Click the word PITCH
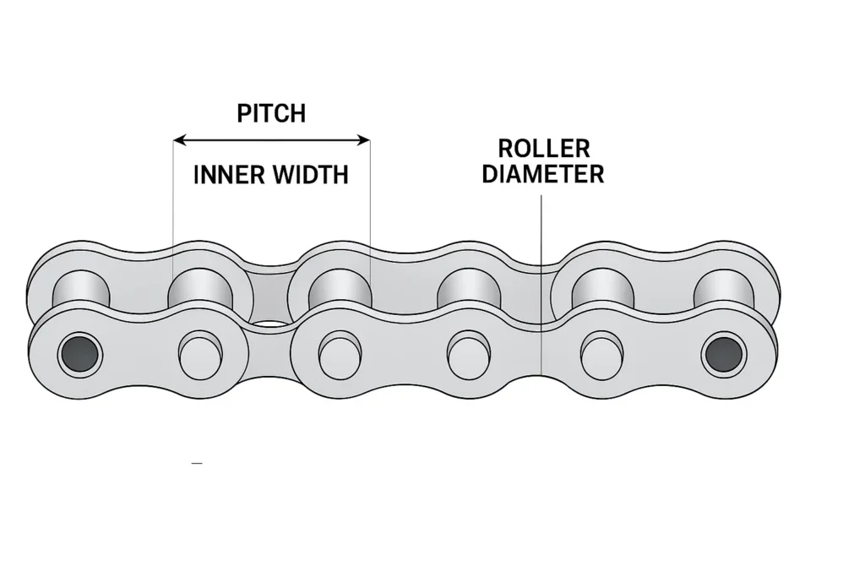(x=271, y=113)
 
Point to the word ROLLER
(x=543, y=149)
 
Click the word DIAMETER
(x=543, y=174)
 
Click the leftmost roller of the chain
(x=81, y=287)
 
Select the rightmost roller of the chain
(x=723, y=287)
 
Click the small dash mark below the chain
(x=197, y=464)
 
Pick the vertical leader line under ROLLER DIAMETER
(x=541, y=253)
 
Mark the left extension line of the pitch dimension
(x=173, y=203)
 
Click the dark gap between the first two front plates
(x=269, y=324)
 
